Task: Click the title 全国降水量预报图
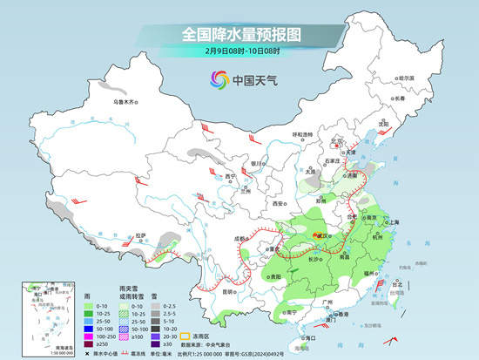(x=239, y=35)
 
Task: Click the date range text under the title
(x=239, y=52)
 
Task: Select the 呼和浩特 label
(x=301, y=134)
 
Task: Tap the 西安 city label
(x=277, y=202)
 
